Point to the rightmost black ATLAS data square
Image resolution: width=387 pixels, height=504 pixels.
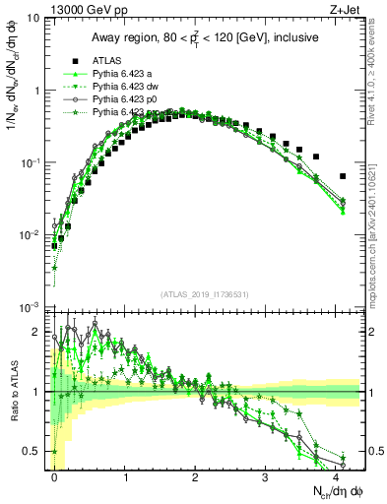[342, 176]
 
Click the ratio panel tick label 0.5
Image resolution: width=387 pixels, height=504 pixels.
[33, 451]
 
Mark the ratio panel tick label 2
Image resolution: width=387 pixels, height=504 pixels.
[38, 333]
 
